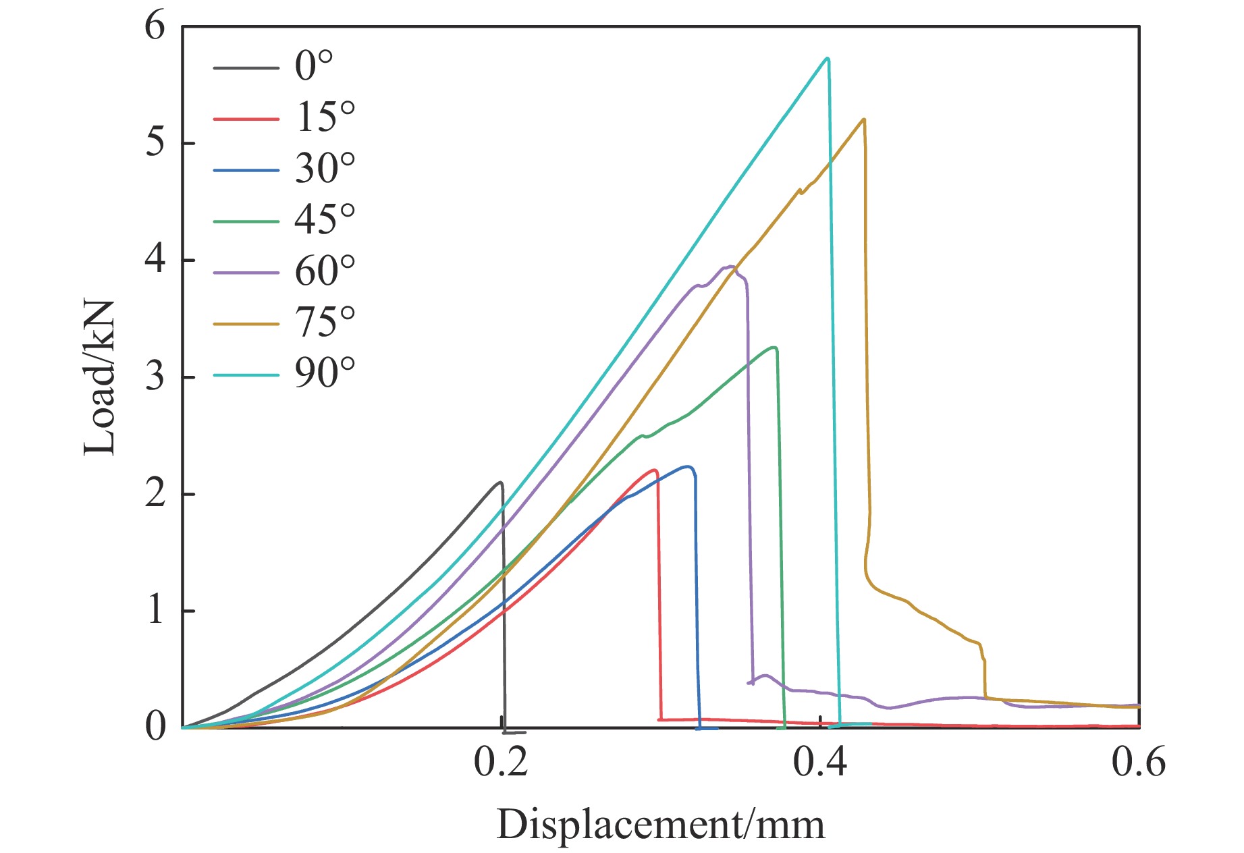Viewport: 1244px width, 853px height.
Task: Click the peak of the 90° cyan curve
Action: pyautogui.click(x=828, y=58)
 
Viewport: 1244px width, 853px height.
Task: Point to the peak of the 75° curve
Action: pyautogui.click(x=864, y=119)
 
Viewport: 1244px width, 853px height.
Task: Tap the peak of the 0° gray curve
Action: pyautogui.click(x=500, y=483)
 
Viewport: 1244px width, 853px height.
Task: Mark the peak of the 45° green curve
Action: pyautogui.click(x=775, y=348)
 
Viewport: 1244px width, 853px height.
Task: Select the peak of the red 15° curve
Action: pyautogui.click(x=654, y=470)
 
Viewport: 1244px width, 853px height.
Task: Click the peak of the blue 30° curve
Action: pyautogui.click(x=688, y=466)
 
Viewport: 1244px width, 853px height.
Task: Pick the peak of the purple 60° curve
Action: pyautogui.click(x=730, y=267)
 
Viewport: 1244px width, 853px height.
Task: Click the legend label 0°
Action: pyautogui.click(x=315, y=66)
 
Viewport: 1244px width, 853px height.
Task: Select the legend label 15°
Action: pyautogui.click(x=325, y=117)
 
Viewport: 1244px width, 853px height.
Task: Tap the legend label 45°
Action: pyautogui.click(x=325, y=219)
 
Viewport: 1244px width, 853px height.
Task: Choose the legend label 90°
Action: pyautogui.click(x=325, y=373)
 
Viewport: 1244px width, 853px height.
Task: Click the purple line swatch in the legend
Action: pyautogui.click(x=246, y=273)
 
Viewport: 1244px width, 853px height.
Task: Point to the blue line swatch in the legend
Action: pyautogui.click(x=246, y=170)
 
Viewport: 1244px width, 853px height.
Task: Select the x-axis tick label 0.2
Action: pyautogui.click(x=500, y=763)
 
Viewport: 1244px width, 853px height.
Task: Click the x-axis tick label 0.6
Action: pyautogui.click(x=1138, y=763)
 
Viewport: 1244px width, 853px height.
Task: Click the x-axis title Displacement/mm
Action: pyautogui.click(x=660, y=825)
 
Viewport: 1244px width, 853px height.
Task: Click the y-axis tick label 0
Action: pyautogui.click(x=155, y=727)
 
